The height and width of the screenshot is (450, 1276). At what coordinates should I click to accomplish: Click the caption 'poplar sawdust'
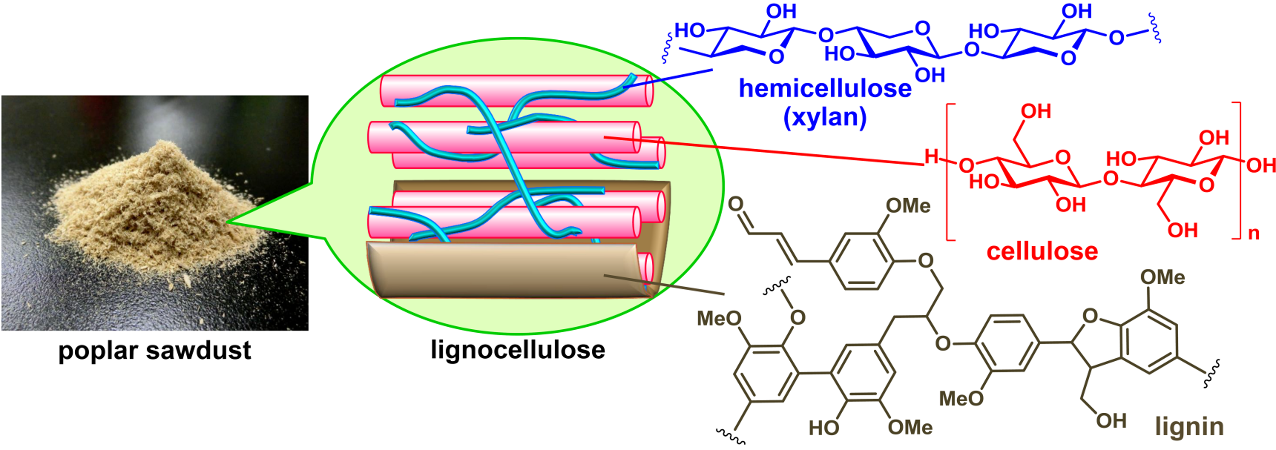[154, 351]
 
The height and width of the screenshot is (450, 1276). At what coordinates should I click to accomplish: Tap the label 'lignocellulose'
[518, 350]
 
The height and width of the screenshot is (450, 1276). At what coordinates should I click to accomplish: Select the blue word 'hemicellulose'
[825, 89]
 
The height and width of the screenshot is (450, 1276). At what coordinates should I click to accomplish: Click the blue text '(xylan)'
[825, 117]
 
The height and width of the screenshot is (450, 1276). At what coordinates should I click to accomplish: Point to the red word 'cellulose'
[1042, 251]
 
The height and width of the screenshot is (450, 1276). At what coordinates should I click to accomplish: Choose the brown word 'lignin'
[1189, 426]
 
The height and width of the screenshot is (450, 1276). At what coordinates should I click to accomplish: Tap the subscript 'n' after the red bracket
[1254, 233]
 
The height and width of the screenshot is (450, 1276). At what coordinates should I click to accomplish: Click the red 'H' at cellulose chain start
[932, 157]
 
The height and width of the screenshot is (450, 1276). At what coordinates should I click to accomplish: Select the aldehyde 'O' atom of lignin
[736, 204]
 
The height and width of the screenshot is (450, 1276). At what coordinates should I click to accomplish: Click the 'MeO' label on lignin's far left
[719, 318]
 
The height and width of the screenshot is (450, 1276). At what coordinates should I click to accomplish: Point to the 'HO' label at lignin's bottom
[824, 427]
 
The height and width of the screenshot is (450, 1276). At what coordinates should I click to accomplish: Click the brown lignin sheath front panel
[495, 270]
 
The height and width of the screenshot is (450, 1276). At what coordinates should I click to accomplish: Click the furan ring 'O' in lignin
[1090, 316]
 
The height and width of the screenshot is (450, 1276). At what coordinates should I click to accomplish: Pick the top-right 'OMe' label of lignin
[1162, 277]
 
